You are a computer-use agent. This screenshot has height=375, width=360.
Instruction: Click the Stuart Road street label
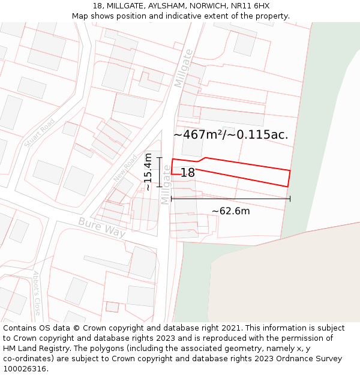coord(40,133)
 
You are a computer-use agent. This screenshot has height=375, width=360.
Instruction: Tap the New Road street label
coord(125,168)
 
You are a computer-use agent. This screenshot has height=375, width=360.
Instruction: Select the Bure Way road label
coord(102,227)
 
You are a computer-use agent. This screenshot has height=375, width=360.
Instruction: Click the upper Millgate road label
coord(184,68)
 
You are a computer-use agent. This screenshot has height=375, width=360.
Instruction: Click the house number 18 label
coord(187,173)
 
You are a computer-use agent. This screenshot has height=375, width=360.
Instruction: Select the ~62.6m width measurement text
coord(231,211)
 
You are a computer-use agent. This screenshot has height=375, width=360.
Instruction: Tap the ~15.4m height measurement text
coord(148,172)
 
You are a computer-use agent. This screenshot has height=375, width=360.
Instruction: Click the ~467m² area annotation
coord(195,135)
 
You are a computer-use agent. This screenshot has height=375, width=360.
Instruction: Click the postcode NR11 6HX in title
coord(250,6)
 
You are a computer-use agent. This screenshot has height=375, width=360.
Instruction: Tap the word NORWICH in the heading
coord(207,6)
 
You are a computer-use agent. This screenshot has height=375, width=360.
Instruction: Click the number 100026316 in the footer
coord(25,369)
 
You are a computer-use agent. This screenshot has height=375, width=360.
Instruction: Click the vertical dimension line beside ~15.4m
coord(160,172)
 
